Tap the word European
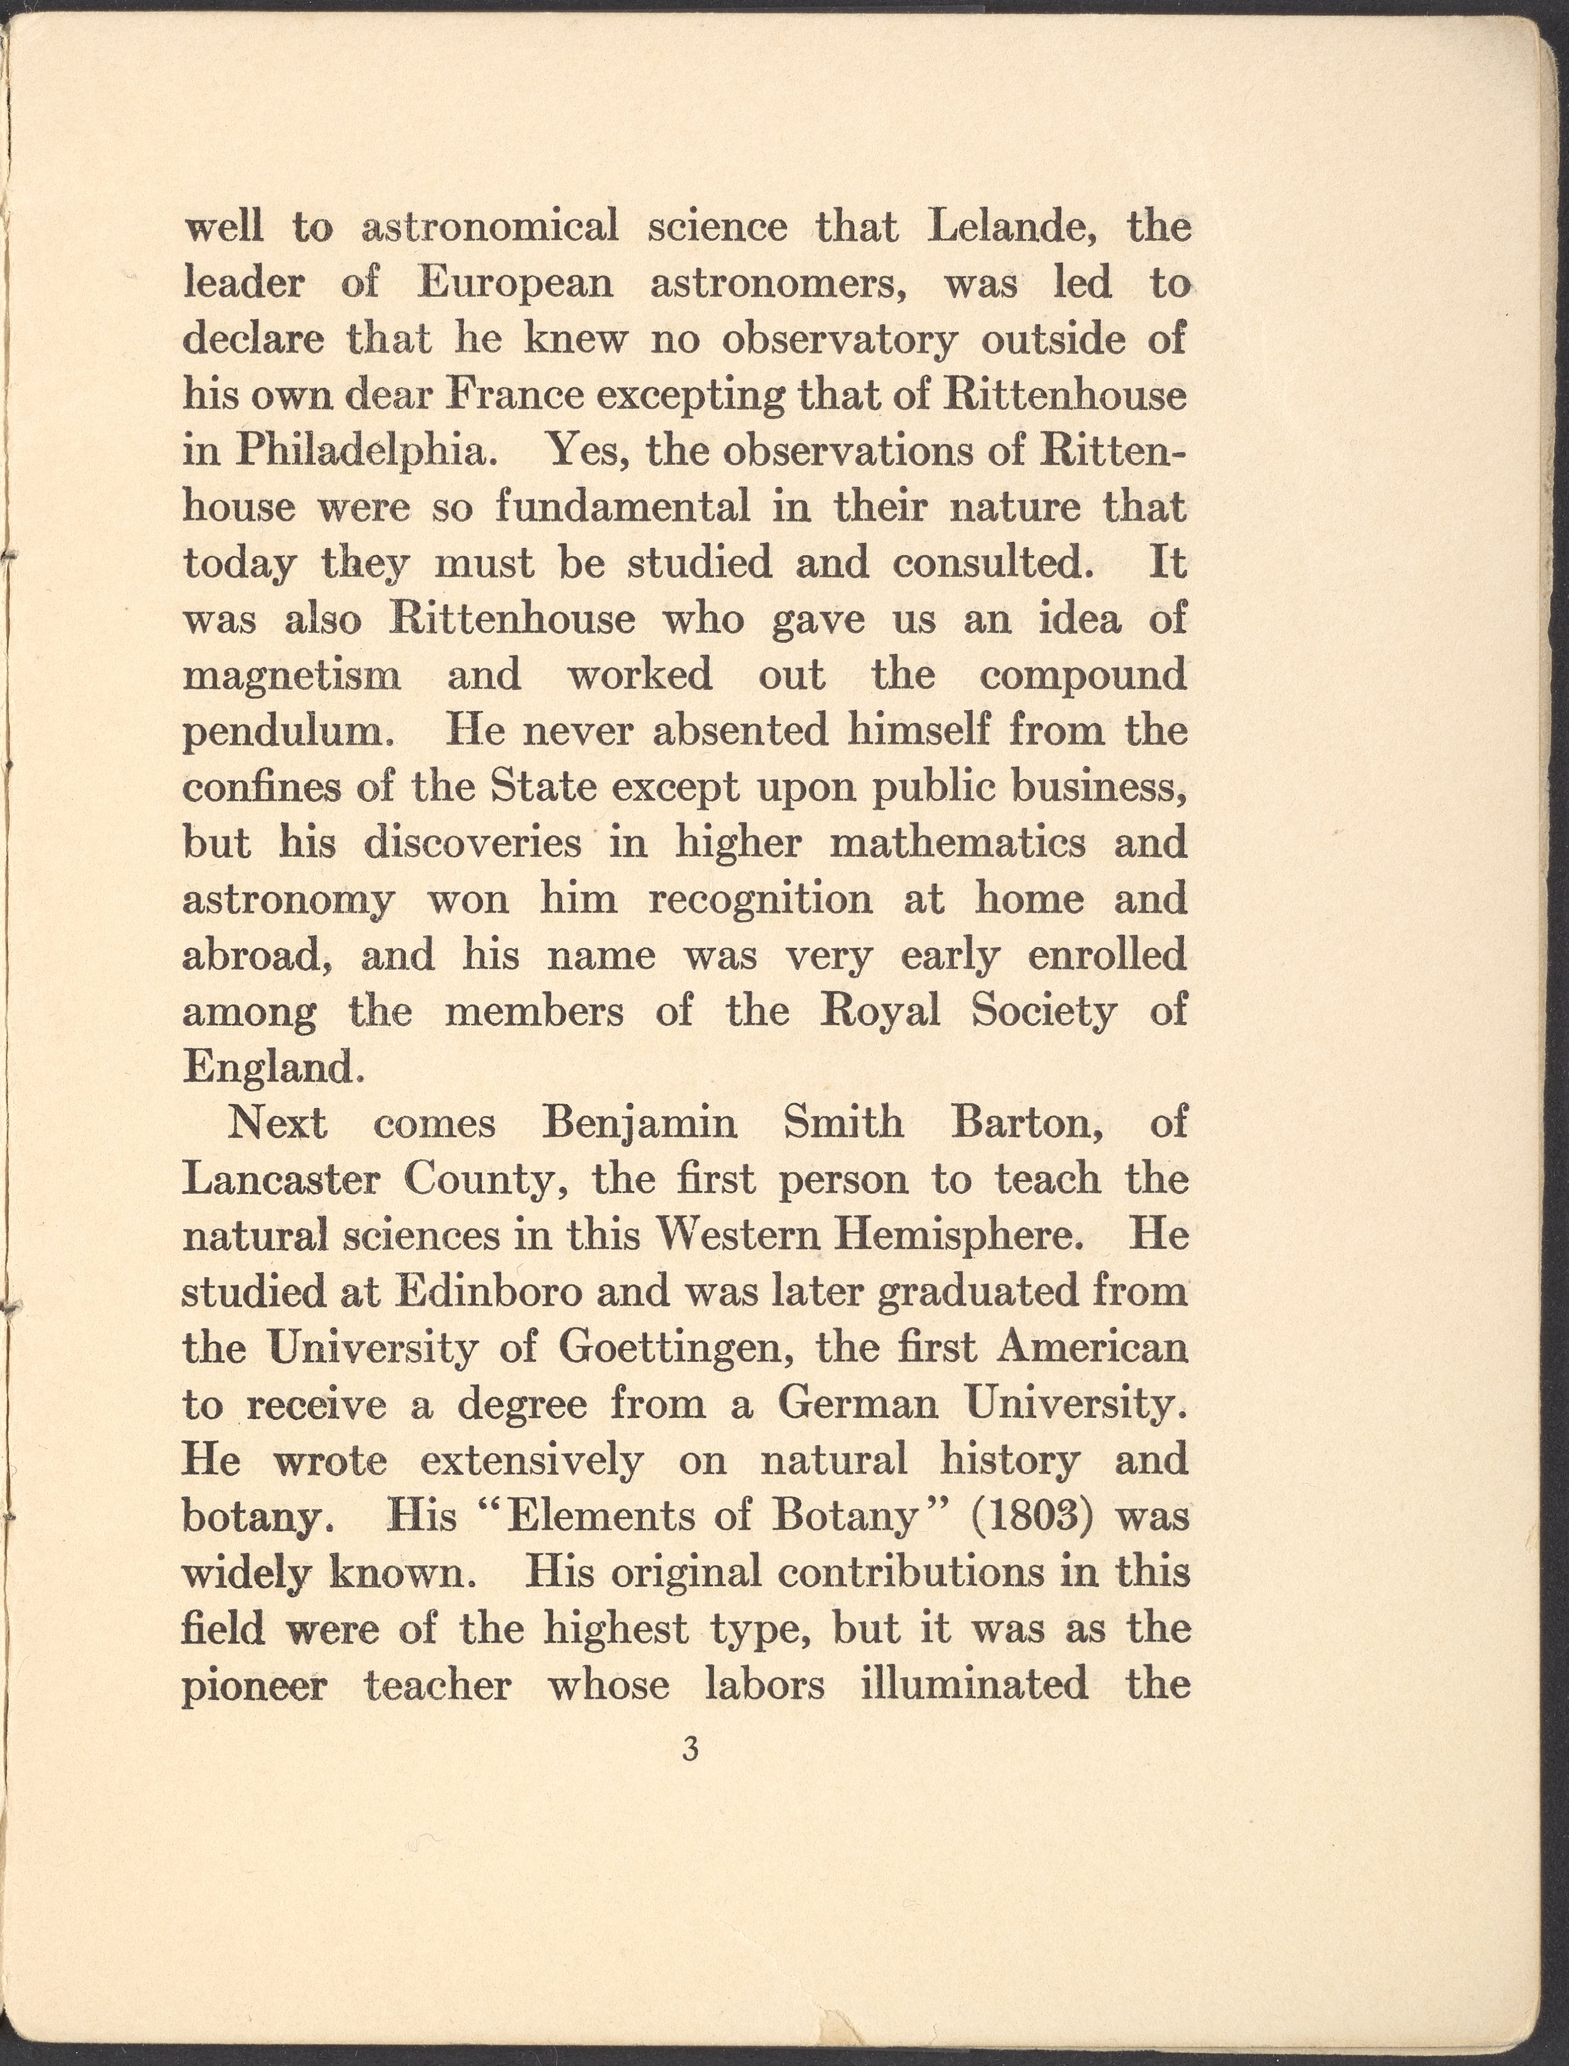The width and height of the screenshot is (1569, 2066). [514, 284]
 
